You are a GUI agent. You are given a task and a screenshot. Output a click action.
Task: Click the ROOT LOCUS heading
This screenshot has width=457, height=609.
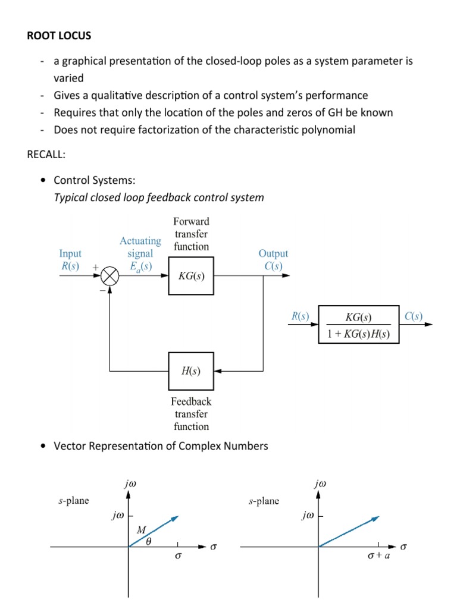59,36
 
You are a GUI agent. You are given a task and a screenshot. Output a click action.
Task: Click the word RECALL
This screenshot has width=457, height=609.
47,155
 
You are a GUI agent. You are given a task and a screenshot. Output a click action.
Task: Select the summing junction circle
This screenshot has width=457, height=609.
110,276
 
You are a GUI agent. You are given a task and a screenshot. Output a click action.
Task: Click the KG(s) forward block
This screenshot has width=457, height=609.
191,276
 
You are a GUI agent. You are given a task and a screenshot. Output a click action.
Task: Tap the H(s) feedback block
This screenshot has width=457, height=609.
190,371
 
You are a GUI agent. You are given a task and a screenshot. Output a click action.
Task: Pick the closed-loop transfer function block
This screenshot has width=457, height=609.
359,325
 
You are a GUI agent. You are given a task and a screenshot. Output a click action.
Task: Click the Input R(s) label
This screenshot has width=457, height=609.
70,260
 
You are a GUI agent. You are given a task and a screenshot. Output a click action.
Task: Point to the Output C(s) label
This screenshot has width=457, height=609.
274,260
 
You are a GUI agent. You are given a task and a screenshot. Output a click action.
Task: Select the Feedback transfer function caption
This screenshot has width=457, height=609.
191,414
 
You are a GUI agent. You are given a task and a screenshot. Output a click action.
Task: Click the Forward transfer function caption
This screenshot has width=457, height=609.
191,234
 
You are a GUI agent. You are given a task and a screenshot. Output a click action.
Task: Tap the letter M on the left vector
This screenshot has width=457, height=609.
141,529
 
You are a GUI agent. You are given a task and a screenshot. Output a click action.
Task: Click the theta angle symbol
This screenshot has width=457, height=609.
149,541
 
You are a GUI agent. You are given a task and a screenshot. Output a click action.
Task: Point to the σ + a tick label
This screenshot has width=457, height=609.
378,557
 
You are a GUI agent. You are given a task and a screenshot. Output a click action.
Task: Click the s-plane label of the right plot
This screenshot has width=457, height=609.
264,501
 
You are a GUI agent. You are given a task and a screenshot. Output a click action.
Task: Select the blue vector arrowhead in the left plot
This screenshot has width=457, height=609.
174,518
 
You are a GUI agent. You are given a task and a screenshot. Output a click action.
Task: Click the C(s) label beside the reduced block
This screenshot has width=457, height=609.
414,316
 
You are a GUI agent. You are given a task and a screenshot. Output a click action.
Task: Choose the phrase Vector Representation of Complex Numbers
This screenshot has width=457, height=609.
161,446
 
